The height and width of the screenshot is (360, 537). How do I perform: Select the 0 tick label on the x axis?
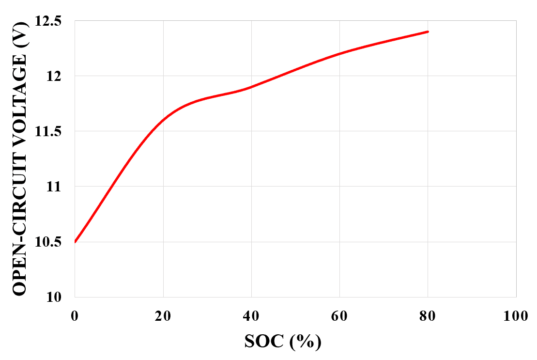[x=75, y=315]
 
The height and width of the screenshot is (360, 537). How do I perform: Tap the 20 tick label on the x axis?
[x=163, y=315]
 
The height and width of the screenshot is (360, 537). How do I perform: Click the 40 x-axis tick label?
[x=251, y=315]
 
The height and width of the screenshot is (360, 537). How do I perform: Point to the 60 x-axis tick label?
[x=339, y=315]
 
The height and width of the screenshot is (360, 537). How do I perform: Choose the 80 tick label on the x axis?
[x=428, y=315]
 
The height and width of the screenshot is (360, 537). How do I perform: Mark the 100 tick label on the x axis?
[x=516, y=315]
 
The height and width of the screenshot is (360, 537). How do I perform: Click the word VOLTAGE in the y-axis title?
[x=20, y=109]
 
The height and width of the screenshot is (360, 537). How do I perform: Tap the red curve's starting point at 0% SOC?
[x=75, y=241]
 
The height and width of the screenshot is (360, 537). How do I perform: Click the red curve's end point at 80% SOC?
[x=428, y=31]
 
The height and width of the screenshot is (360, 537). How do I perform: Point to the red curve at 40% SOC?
[x=251, y=87]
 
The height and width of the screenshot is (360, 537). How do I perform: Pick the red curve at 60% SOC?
[x=339, y=53]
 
